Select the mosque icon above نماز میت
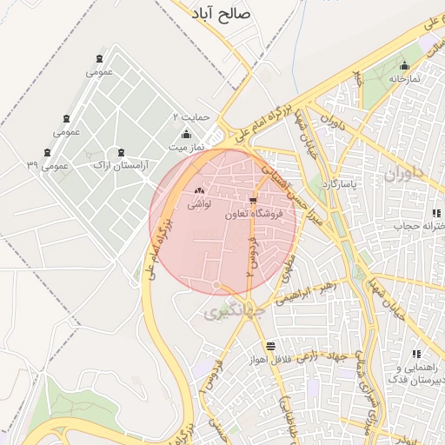click(x=186, y=135)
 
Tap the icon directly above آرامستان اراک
click(x=120, y=152)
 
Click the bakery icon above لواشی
click(x=199, y=191)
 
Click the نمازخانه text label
click(x=403, y=78)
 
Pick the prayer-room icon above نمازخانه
click(x=403, y=66)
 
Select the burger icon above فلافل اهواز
click(x=271, y=345)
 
